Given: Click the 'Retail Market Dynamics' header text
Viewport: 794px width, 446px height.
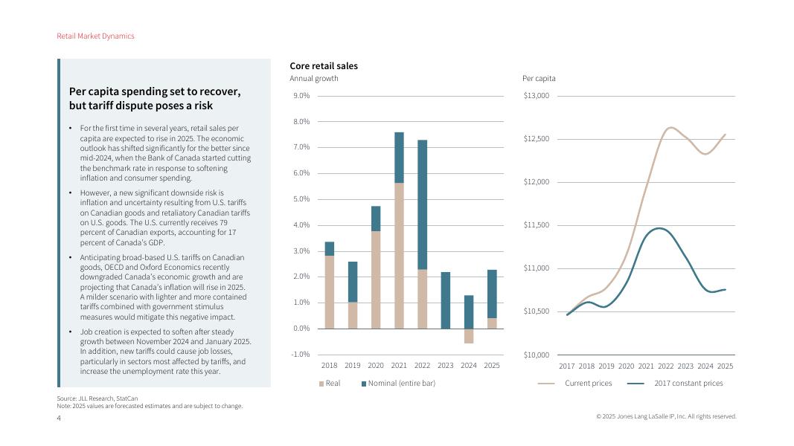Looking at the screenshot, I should (x=95, y=36).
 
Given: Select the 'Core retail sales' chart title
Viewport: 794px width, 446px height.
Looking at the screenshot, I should (x=324, y=66).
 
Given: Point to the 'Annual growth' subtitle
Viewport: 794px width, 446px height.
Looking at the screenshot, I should (x=314, y=79).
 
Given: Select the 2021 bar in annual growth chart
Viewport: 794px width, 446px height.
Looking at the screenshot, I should (x=399, y=230).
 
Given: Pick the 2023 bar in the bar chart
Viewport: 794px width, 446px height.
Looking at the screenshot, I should (x=445, y=300).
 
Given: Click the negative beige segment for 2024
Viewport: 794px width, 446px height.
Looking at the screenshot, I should (x=469, y=336).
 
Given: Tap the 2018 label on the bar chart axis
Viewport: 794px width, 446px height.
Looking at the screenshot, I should (x=330, y=366).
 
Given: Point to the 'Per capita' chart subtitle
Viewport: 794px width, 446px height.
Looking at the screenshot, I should (x=539, y=79).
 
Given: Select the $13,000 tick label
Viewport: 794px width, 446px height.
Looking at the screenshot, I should (x=536, y=96).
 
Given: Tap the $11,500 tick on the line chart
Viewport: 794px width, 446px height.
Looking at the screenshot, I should (x=536, y=225).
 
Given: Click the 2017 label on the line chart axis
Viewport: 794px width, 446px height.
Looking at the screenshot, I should (x=567, y=366).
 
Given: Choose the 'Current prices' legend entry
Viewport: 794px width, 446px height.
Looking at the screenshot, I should (x=588, y=384).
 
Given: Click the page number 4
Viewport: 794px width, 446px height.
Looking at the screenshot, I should (x=60, y=418).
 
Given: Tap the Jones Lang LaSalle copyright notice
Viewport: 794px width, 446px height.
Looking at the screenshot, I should (x=666, y=416).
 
